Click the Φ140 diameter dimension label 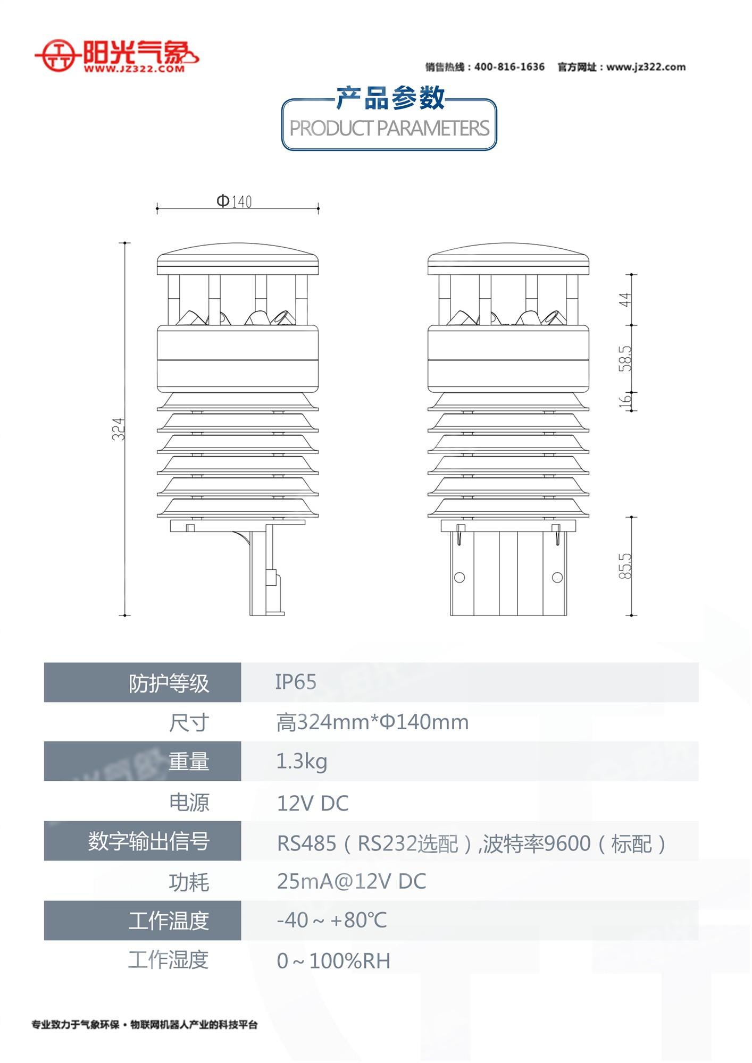click(234, 201)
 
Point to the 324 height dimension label click(118, 429)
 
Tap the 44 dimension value click(625, 300)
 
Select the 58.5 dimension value click(625, 359)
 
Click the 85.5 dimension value click(625, 566)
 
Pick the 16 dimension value click(625, 400)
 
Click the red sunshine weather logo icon click(57, 55)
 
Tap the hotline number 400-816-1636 click(509, 67)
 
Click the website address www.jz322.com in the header click(646, 67)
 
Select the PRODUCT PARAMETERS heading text click(389, 129)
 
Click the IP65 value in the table click(296, 682)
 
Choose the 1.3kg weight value click(302, 761)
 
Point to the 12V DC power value click(313, 803)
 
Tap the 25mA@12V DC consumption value click(352, 881)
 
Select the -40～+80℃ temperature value click(332, 920)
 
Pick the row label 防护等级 click(169, 683)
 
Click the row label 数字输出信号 click(149, 841)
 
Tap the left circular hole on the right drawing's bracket click(459, 578)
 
